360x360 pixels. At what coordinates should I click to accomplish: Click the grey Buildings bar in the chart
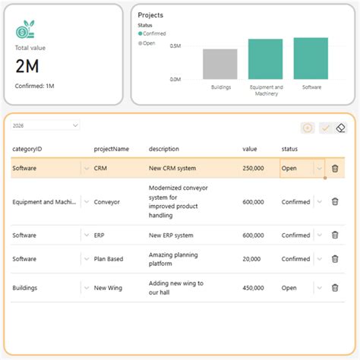(219, 65)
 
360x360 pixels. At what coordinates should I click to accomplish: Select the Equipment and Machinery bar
(265, 59)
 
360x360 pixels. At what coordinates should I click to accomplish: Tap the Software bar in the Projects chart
(311, 58)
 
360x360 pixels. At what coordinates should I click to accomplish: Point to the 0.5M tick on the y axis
(175, 46)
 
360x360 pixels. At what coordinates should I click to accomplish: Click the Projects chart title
(150, 15)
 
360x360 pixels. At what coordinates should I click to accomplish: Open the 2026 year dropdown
(46, 125)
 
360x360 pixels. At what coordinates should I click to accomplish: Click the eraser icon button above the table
(341, 128)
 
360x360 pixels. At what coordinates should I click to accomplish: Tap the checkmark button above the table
(325, 128)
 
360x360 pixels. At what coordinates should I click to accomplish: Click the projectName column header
(112, 148)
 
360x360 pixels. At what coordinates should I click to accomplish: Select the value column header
(250, 148)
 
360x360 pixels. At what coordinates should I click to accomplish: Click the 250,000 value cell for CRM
(253, 169)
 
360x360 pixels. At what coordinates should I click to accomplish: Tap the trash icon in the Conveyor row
(335, 202)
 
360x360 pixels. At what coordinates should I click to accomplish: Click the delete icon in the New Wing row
(335, 288)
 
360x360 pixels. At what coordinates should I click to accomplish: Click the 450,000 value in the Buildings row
(253, 288)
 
